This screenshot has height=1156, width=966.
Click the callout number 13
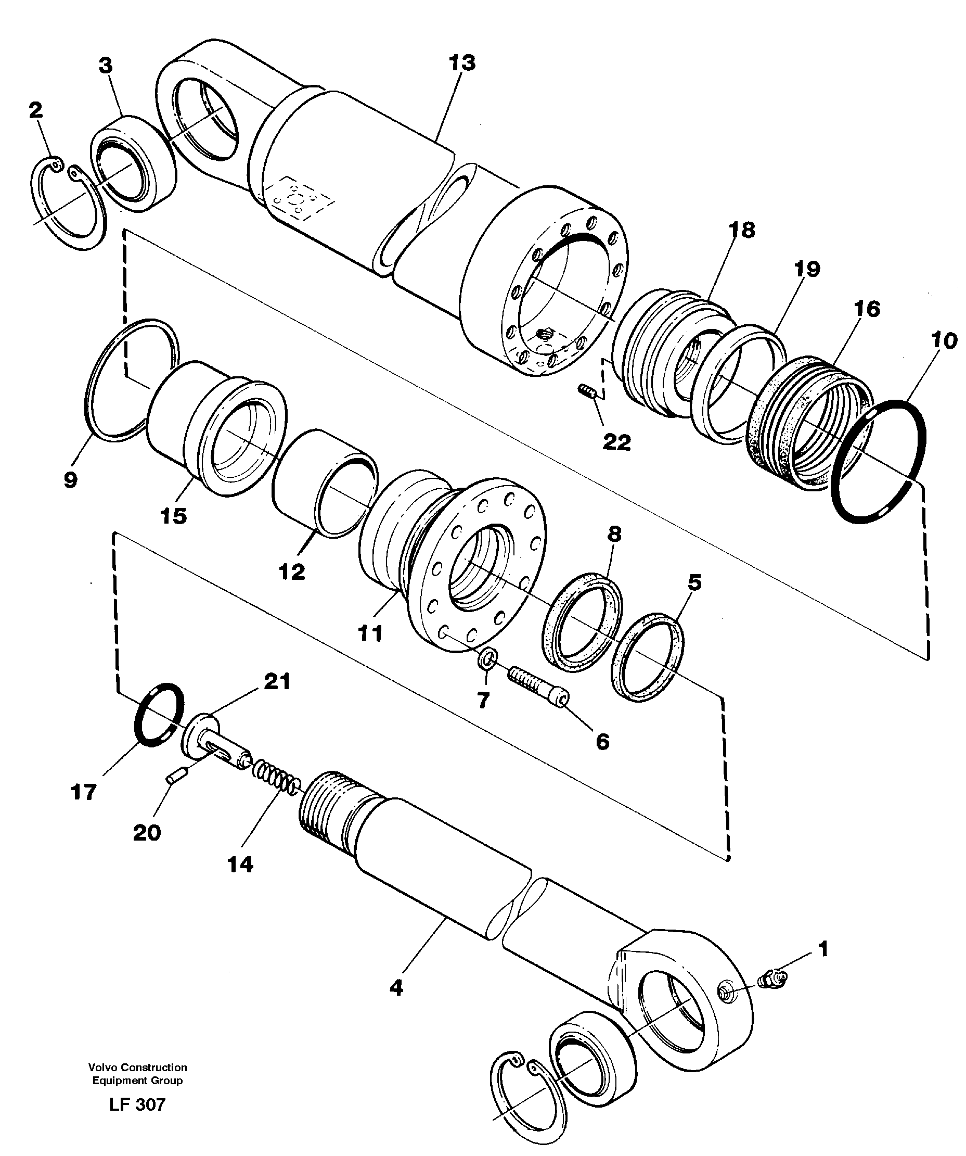[x=461, y=63]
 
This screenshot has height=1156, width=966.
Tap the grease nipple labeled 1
[x=772, y=979]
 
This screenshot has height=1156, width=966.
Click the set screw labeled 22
[x=589, y=392]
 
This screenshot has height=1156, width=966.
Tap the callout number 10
[x=944, y=341]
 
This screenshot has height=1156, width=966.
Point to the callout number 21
[x=277, y=682]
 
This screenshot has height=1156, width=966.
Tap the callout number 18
[x=742, y=230]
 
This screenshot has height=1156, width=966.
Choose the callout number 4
[x=396, y=987]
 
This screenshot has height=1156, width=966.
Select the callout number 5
[x=695, y=582]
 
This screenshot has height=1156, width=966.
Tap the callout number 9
[x=70, y=479]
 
